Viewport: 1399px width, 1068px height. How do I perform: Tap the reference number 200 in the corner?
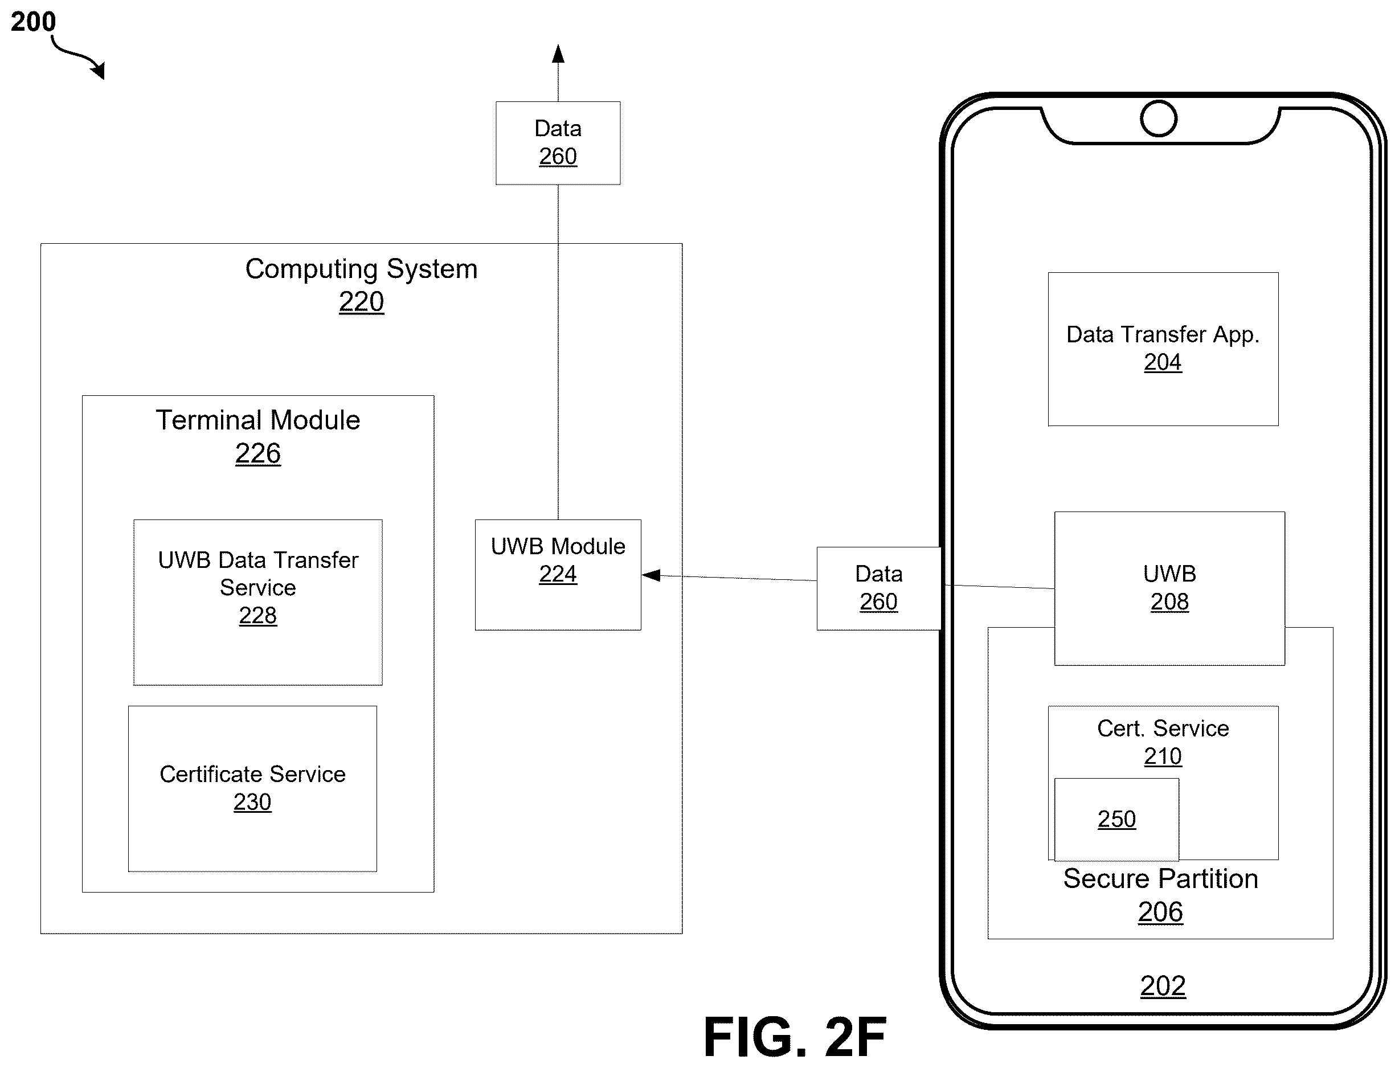coord(33,22)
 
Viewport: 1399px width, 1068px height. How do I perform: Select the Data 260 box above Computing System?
coord(558,143)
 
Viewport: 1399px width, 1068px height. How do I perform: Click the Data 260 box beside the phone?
coord(878,588)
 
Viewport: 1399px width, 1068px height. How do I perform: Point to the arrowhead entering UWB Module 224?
coord(651,575)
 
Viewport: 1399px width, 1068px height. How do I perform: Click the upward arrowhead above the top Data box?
coord(558,54)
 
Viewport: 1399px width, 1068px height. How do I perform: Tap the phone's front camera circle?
coord(1158,118)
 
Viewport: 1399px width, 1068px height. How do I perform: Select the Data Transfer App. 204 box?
coord(1163,349)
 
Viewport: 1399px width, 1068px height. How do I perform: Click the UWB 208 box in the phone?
coord(1169,588)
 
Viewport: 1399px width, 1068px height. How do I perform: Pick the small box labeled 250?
coord(1117,820)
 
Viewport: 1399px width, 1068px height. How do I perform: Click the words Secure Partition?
coord(1161,878)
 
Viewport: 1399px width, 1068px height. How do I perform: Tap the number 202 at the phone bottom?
coord(1163,986)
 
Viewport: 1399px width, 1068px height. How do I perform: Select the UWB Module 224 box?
coord(558,575)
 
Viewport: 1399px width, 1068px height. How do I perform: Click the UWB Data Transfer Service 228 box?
coord(258,603)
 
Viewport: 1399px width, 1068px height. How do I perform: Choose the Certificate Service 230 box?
coord(252,788)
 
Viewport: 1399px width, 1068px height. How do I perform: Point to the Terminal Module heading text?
coord(258,420)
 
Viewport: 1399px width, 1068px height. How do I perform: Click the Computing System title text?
coord(361,269)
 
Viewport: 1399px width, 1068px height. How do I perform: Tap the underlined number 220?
coord(361,301)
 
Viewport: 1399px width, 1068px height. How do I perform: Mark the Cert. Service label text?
coord(1163,729)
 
